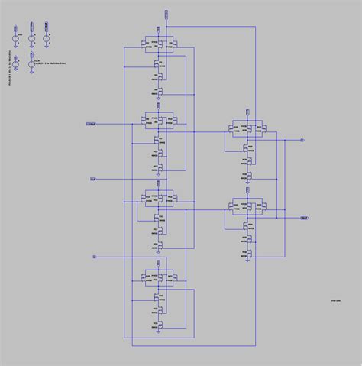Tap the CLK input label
click(93, 179)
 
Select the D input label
click(94, 256)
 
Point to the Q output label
click(302, 141)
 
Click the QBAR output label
click(304, 218)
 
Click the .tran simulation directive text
click(334, 303)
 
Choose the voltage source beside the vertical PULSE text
click(15, 33)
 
